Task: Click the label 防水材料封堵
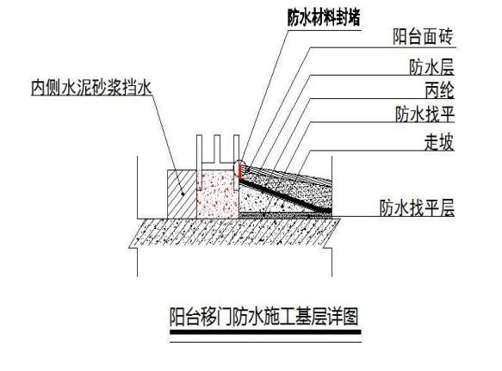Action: pos(324,17)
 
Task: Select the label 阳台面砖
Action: pos(423,36)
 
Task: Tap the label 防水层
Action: pos(431,67)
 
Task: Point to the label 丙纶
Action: pos(439,90)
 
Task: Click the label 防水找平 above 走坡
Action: pos(425,114)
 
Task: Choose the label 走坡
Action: pos(439,142)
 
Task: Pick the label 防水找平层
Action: pos(417,207)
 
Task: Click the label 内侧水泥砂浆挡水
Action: pos(91,88)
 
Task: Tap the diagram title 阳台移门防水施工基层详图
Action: pos(263,317)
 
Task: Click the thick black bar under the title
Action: pos(265,332)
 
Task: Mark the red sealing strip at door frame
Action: pos(239,172)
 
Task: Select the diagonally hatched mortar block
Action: pos(182,194)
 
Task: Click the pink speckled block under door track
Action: pos(218,194)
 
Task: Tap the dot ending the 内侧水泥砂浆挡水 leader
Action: pos(183,194)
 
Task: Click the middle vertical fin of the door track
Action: pos(217,148)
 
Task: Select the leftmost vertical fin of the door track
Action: pos(199,162)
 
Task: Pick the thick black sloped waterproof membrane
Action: pos(286,195)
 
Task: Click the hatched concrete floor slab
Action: pos(235,233)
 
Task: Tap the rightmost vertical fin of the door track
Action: pos(237,162)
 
